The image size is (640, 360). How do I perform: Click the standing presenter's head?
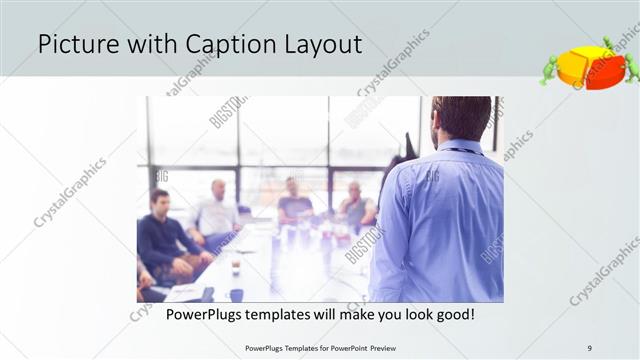(x=462, y=117)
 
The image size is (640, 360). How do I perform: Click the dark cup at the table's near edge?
(x=236, y=294)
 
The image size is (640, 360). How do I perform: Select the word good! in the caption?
(x=455, y=316)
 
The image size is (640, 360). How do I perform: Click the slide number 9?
(x=590, y=347)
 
